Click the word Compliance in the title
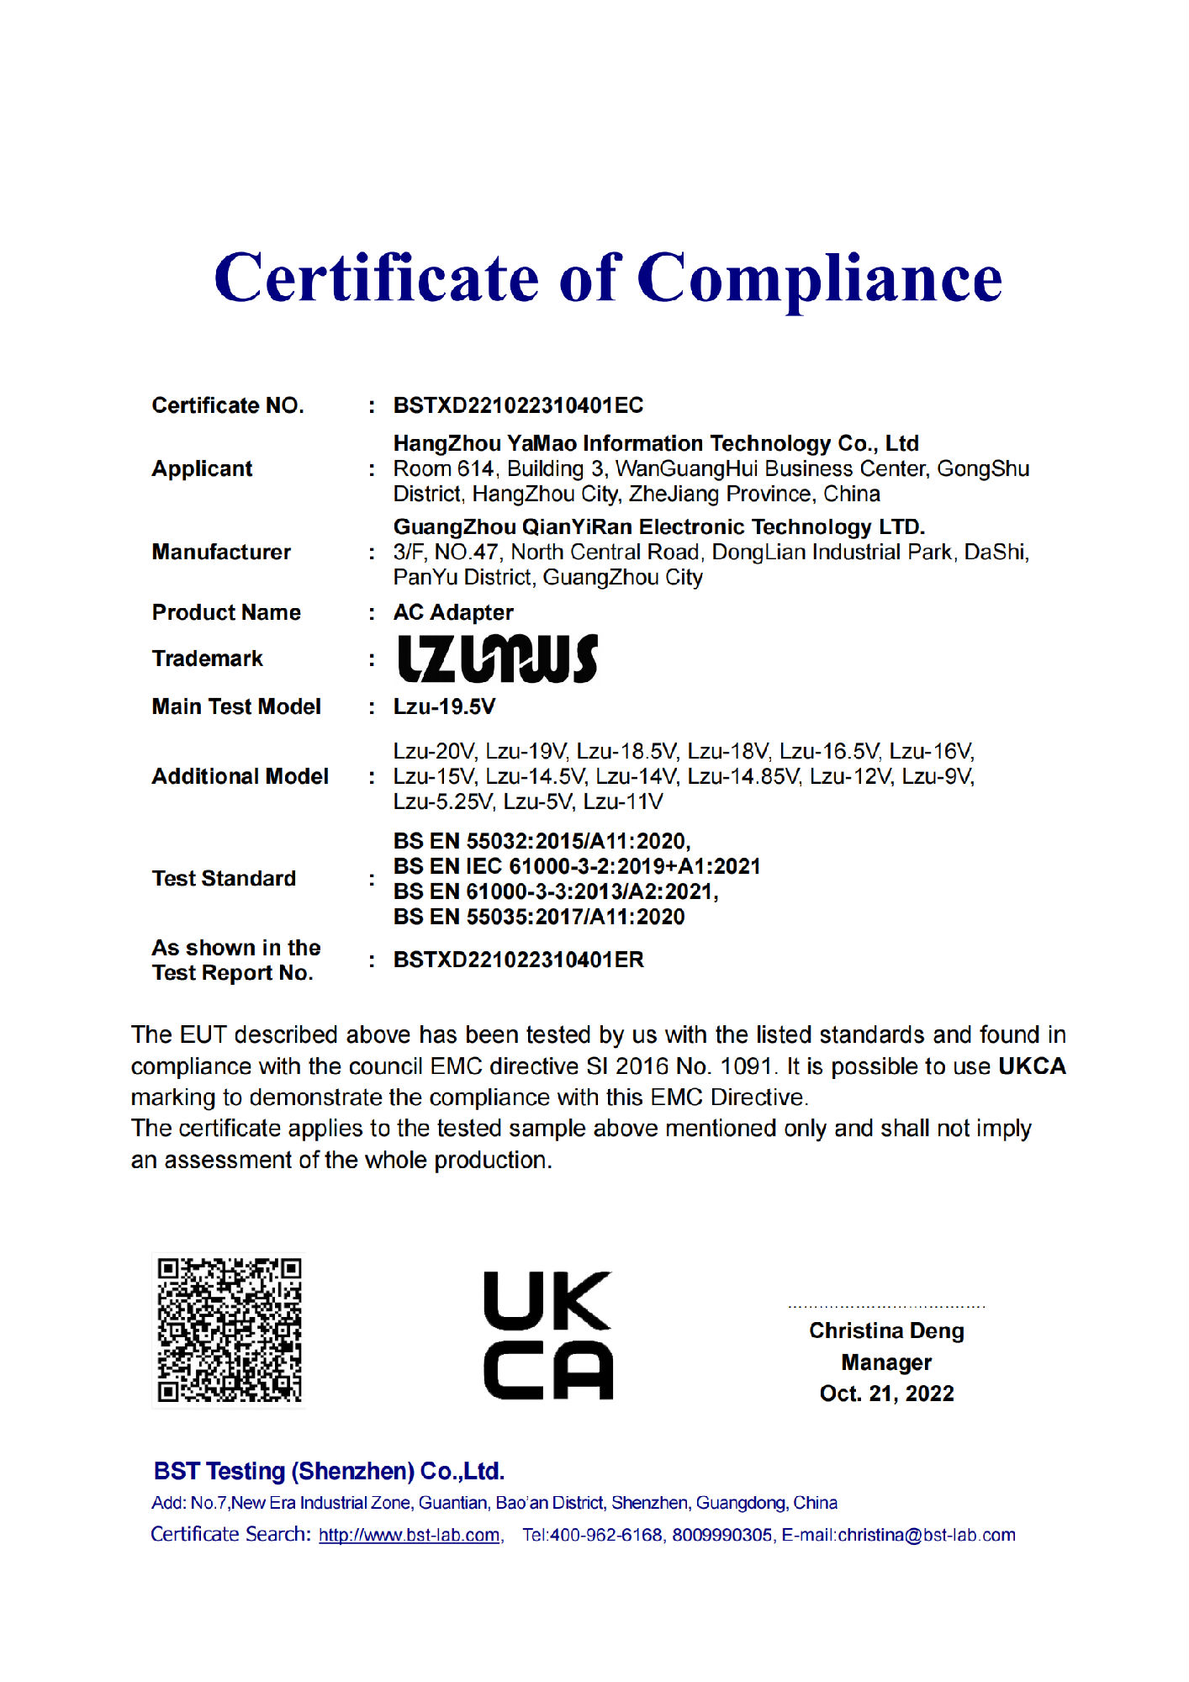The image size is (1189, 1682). pyautogui.click(x=819, y=280)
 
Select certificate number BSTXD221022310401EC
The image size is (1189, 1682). pyautogui.click(x=518, y=405)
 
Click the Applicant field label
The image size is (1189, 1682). pyautogui.click(x=202, y=468)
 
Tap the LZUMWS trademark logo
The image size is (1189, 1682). pyautogui.click(x=497, y=659)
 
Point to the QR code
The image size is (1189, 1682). pyautogui.click(x=229, y=1330)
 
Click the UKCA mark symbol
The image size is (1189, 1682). pyautogui.click(x=547, y=1336)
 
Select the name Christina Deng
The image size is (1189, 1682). pyautogui.click(x=886, y=1330)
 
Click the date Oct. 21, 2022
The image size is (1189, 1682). pyautogui.click(x=886, y=1394)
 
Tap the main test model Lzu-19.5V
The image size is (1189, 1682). pyautogui.click(x=444, y=706)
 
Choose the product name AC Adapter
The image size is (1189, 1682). pyautogui.click(x=453, y=612)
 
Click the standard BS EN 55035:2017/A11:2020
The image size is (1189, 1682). pyautogui.click(x=539, y=917)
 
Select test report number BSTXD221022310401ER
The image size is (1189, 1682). pyautogui.click(x=518, y=960)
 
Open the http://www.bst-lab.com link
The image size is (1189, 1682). pyautogui.click(x=409, y=1535)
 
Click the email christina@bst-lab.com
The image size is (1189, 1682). pyautogui.click(x=927, y=1535)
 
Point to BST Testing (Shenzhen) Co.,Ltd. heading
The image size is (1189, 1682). pyautogui.click(x=329, y=1471)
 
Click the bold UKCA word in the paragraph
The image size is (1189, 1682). pyautogui.click(x=1032, y=1066)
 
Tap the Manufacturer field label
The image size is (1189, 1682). pyautogui.click(x=221, y=552)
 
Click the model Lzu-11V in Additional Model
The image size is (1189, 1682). pyautogui.click(x=623, y=801)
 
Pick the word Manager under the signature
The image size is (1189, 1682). pyautogui.click(x=886, y=1362)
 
